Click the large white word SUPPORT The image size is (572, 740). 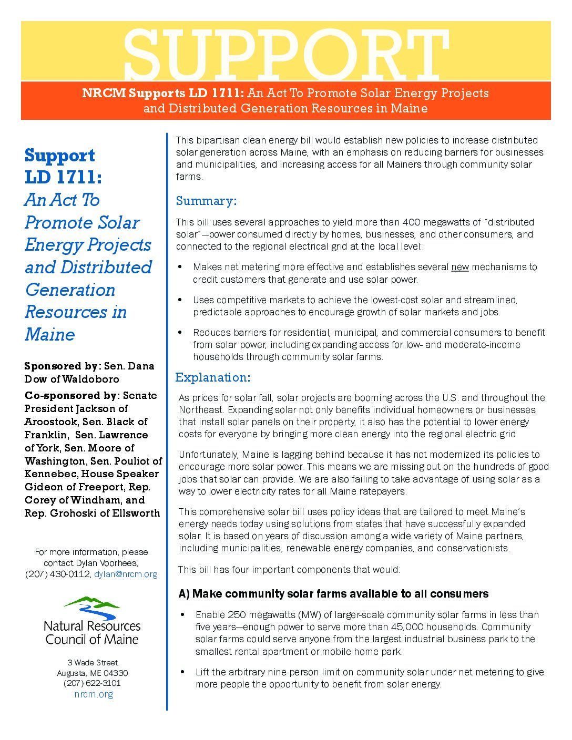[285, 54]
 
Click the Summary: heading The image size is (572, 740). [206, 201]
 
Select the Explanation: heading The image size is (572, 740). [212, 377]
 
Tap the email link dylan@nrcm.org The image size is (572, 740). [126, 574]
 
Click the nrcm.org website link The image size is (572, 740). [94, 694]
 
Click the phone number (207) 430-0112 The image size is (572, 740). [58, 574]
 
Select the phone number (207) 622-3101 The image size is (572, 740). [92, 683]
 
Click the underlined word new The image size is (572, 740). [460, 267]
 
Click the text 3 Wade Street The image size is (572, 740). [93, 662]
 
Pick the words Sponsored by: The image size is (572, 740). [63, 366]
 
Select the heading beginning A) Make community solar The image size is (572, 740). [333, 594]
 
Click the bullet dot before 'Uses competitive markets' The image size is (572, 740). [180, 300]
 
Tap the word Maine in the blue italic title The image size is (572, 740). [50, 334]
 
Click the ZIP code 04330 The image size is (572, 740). [115, 673]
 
